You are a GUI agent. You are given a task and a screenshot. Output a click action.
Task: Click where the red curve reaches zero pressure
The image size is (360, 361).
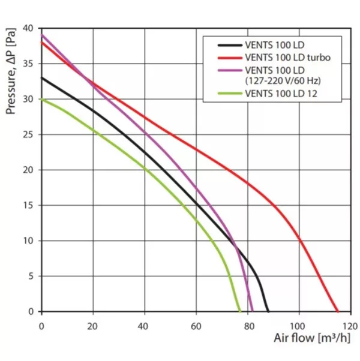tap(338, 311)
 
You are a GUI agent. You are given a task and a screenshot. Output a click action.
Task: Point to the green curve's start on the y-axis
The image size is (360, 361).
tap(41, 99)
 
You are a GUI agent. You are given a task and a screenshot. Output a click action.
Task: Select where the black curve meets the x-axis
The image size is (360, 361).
tap(268, 311)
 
